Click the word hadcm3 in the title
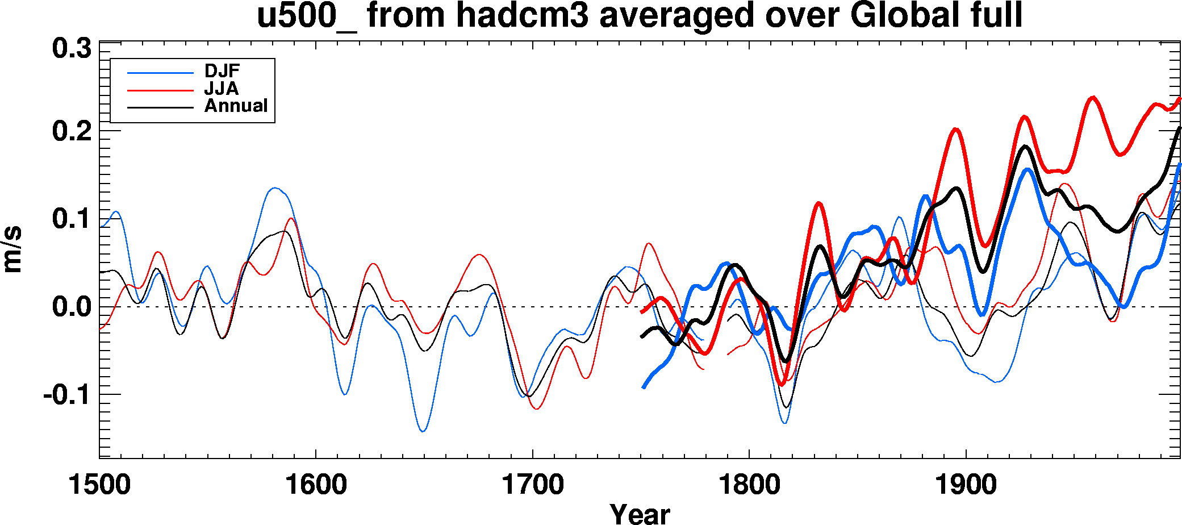click(525, 15)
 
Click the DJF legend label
click(222, 72)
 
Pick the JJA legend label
click(222, 89)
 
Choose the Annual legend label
click(236, 106)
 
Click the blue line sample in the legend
click(160, 73)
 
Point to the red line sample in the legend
click(160, 90)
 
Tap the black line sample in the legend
click(160, 107)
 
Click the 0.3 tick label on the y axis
click(72, 49)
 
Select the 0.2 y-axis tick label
click(72, 132)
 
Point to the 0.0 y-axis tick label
click(72, 307)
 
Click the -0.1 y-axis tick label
click(67, 394)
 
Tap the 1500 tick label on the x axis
click(99, 485)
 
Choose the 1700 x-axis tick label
click(532, 485)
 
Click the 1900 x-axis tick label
click(966, 485)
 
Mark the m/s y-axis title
click(12, 250)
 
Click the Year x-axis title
click(640, 514)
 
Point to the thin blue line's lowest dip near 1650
click(423, 431)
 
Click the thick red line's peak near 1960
click(1092, 98)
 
